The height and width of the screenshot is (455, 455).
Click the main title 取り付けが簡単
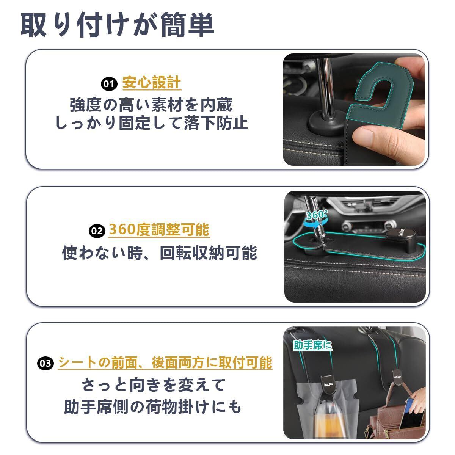point(117,25)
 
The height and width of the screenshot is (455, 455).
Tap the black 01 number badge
point(109,84)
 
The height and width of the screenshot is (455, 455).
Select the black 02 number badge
point(97,231)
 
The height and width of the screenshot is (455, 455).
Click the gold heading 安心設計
point(152,83)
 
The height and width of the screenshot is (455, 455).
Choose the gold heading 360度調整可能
point(159,229)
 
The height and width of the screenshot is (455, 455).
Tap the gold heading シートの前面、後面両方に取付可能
point(165,362)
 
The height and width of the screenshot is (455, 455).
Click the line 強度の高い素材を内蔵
point(151,105)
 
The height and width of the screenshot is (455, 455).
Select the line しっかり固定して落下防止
point(151,123)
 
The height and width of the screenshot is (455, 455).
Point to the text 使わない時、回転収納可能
point(159,253)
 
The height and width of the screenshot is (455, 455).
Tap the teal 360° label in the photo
point(317,215)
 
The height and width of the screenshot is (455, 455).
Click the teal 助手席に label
point(312,345)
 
